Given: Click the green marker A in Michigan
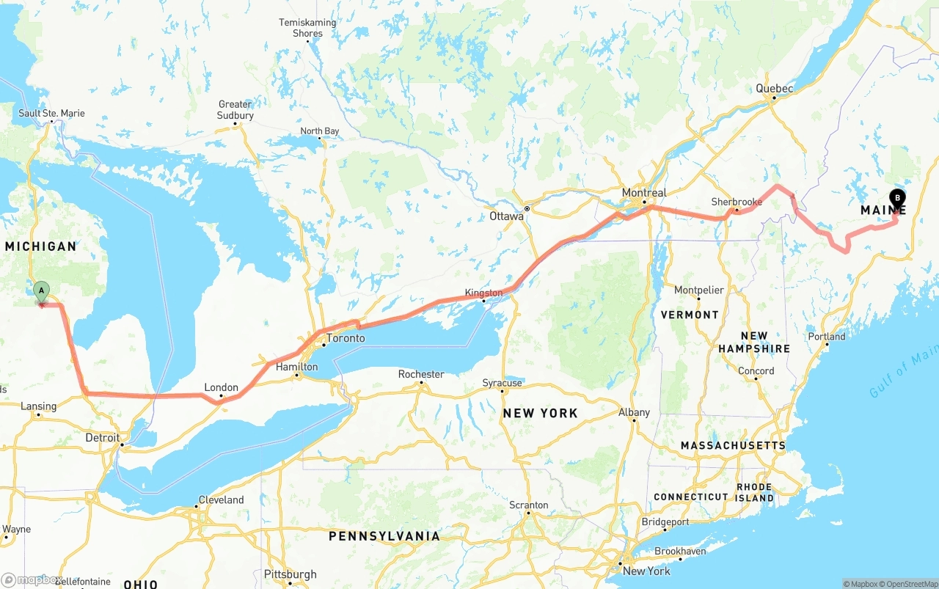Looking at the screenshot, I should [42, 291].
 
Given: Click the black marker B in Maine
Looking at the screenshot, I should [896, 198].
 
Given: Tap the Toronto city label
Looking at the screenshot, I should [345, 338].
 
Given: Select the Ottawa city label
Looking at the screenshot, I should [506, 216].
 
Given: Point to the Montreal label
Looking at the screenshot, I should [644, 193].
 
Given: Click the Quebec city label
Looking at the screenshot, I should [775, 89].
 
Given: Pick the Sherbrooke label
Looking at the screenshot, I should [737, 202].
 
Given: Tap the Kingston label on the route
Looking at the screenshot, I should [483, 293].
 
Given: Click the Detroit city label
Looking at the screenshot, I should [103, 438].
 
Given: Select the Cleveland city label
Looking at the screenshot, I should [221, 500].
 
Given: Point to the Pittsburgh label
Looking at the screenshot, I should [290, 574].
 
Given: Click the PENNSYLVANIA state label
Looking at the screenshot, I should [384, 536].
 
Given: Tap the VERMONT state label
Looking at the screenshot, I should [690, 315].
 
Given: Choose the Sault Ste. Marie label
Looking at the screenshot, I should [51, 113].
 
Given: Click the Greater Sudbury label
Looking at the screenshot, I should [235, 110].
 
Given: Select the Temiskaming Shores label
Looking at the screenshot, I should [307, 28].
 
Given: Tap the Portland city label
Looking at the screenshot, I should [827, 337].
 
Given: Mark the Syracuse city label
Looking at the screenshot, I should [503, 383].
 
